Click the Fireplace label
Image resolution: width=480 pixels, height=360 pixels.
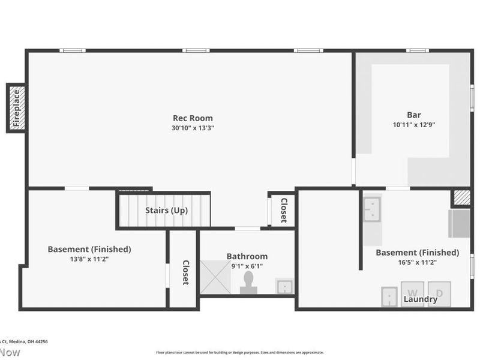(x=17, y=108)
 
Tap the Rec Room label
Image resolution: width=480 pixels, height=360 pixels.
(x=193, y=118)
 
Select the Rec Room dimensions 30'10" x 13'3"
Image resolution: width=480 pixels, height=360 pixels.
(x=193, y=128)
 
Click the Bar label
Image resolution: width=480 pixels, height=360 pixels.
(x=414, y=115)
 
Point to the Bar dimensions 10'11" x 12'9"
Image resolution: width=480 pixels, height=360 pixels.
(x=414, y=125)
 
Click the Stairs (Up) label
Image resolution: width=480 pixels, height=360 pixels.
(x=166, y=211)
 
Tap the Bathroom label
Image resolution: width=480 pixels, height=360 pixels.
(x=247, y=256)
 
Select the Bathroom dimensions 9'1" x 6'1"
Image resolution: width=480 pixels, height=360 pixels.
(x=247, y=266)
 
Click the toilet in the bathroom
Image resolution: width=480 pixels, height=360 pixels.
(x=248, y=283)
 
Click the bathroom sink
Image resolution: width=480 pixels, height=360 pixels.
(x=283, y=286)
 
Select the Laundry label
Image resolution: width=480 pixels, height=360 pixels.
(x=420, y=299)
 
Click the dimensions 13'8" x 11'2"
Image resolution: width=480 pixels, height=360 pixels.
(x=89, y=259)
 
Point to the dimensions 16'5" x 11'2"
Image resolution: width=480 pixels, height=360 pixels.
(x=417, y=262)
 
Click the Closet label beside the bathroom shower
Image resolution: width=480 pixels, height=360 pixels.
(x=185, y=272)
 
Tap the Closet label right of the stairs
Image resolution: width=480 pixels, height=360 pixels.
(x=284, y=210)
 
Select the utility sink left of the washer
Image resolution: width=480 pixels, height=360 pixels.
(x=389, y=296)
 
